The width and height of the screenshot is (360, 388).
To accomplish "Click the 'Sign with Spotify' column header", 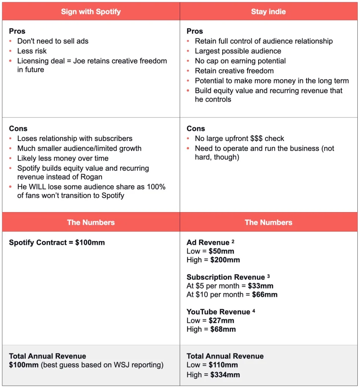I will point(91,11).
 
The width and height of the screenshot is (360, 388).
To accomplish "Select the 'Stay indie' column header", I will point(268,11).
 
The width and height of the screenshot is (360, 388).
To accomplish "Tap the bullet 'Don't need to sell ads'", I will point(53,41).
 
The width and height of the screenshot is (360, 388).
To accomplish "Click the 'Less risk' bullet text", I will point(37,51).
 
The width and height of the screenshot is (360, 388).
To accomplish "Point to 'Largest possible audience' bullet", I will point(238,51).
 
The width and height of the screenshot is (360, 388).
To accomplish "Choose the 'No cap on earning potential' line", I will point(240,61).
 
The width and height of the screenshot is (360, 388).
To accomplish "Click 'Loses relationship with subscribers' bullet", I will point(75,138).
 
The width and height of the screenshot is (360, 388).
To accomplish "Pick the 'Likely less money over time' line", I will point(63,158).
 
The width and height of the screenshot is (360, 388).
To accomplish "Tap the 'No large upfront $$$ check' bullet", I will point(239,138).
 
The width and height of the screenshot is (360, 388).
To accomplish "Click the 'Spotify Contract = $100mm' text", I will point(57,242).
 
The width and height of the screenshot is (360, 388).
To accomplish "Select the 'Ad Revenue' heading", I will point(208,242).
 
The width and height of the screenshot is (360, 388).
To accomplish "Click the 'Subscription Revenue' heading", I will point(226,277).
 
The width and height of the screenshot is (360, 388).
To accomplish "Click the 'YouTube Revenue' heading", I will point(218,312).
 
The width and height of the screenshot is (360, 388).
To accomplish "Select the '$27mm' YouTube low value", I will point(221,320).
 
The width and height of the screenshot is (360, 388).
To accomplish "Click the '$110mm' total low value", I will point(223,365).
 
